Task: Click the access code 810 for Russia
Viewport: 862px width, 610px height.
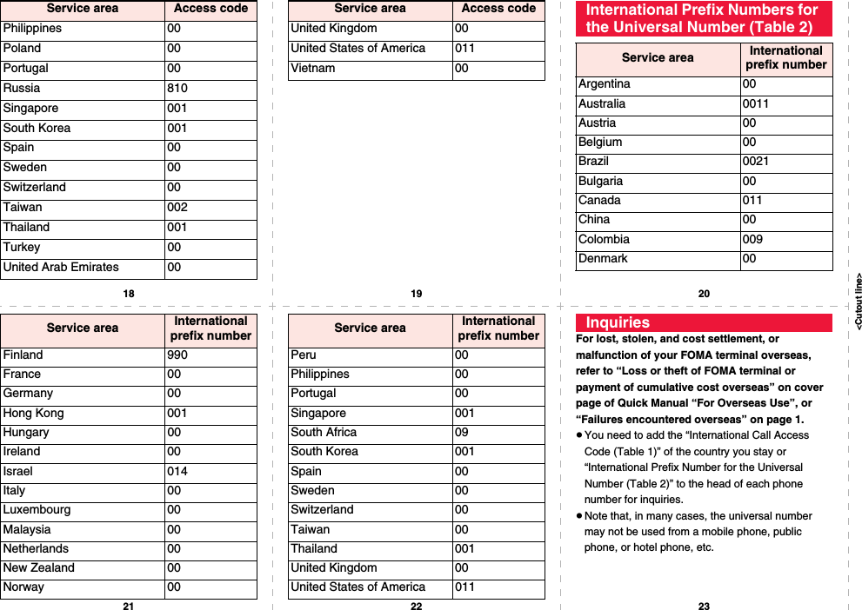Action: coord(177,89)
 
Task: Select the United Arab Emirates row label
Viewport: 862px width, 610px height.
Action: coord(61,268)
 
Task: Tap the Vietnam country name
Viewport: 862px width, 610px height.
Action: coord(312,69)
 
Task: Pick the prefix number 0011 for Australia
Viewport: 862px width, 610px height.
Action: coord(755,104)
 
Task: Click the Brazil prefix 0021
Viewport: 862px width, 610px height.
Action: coord(755,162)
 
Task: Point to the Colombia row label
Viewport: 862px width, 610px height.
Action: coord(604,240)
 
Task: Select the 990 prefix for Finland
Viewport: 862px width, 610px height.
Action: coord(177,355)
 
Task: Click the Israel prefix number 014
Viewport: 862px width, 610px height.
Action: coord(177,472)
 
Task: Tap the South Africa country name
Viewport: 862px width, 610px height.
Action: coord(324,433)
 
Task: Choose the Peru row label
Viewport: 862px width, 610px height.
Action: coord(304,355)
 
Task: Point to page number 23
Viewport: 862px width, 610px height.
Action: coord(704,606)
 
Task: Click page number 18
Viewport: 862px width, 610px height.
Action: coord(129,294)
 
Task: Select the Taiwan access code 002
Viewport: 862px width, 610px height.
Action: coord(177,208)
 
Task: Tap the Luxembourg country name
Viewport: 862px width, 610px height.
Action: coord(37,510)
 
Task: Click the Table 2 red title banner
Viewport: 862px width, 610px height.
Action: coord(703,18)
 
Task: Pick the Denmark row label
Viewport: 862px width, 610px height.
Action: coord(603,259)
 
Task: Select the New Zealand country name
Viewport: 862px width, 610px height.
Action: coord(38,568)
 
